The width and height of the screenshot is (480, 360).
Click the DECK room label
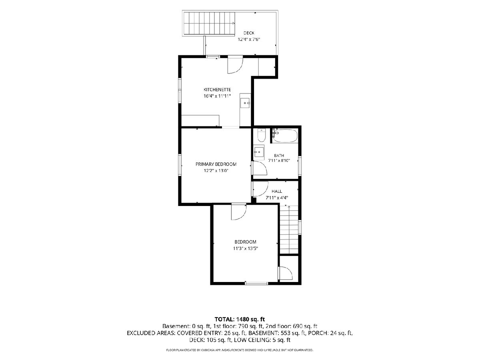click(249, 33)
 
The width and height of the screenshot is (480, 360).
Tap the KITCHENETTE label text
click(217, 90)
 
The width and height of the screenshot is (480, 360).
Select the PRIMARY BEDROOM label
click(216, 164)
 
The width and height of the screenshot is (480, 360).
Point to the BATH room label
click(279, 156)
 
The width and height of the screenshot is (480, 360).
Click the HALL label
click(277, 191)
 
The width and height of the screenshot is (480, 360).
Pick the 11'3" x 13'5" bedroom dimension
click(245, 248)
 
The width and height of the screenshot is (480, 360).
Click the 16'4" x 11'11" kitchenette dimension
click(217, 96)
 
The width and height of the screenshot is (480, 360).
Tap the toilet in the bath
click(261, 135)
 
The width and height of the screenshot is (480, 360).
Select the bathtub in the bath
click(285, 136)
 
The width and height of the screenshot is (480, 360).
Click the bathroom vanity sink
click(259, 152)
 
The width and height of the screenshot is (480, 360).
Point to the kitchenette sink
click(245, 103)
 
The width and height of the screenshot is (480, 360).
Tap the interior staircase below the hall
click(289, 230)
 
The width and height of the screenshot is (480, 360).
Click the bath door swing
click(260, 168)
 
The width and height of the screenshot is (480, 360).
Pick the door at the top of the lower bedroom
click(239, 212)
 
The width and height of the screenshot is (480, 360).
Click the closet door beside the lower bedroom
click(285, 273)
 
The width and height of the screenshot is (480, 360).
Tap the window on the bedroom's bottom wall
click(256, 284)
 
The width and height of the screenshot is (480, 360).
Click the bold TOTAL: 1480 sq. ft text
click(240, 319)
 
